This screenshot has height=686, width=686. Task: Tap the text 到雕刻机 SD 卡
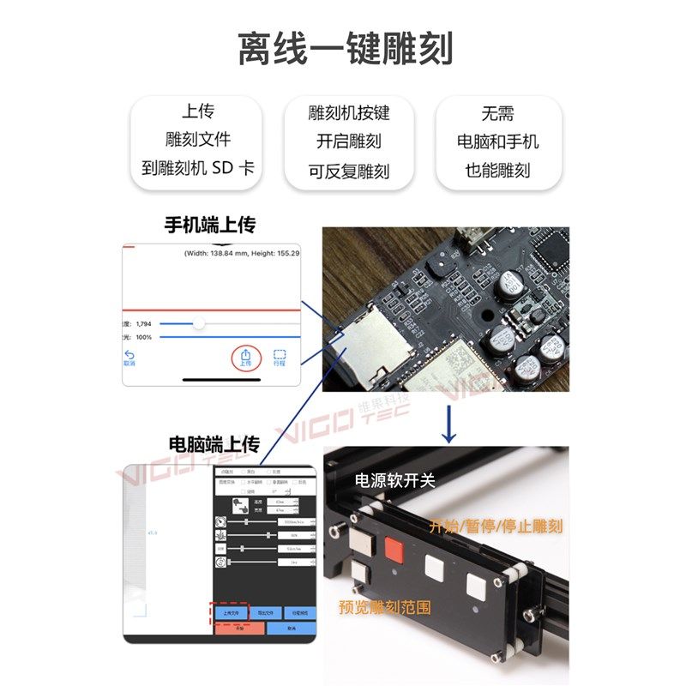(197, 167)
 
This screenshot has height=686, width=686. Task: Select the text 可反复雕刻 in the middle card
(348, 171)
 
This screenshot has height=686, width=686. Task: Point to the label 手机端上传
(210, 226)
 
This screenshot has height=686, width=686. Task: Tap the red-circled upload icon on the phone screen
(245, 354)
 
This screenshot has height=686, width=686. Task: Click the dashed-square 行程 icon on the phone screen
(280, 357)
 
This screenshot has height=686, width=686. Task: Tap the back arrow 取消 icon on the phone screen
(129, 357)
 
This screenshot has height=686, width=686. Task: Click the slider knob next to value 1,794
(199, 323)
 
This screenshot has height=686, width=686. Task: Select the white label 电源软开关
(395, 480)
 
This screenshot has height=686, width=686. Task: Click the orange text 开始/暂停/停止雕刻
(496, 526)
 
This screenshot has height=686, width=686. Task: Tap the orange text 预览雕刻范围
(384, 607)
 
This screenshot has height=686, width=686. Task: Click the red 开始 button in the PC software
(239, 629)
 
